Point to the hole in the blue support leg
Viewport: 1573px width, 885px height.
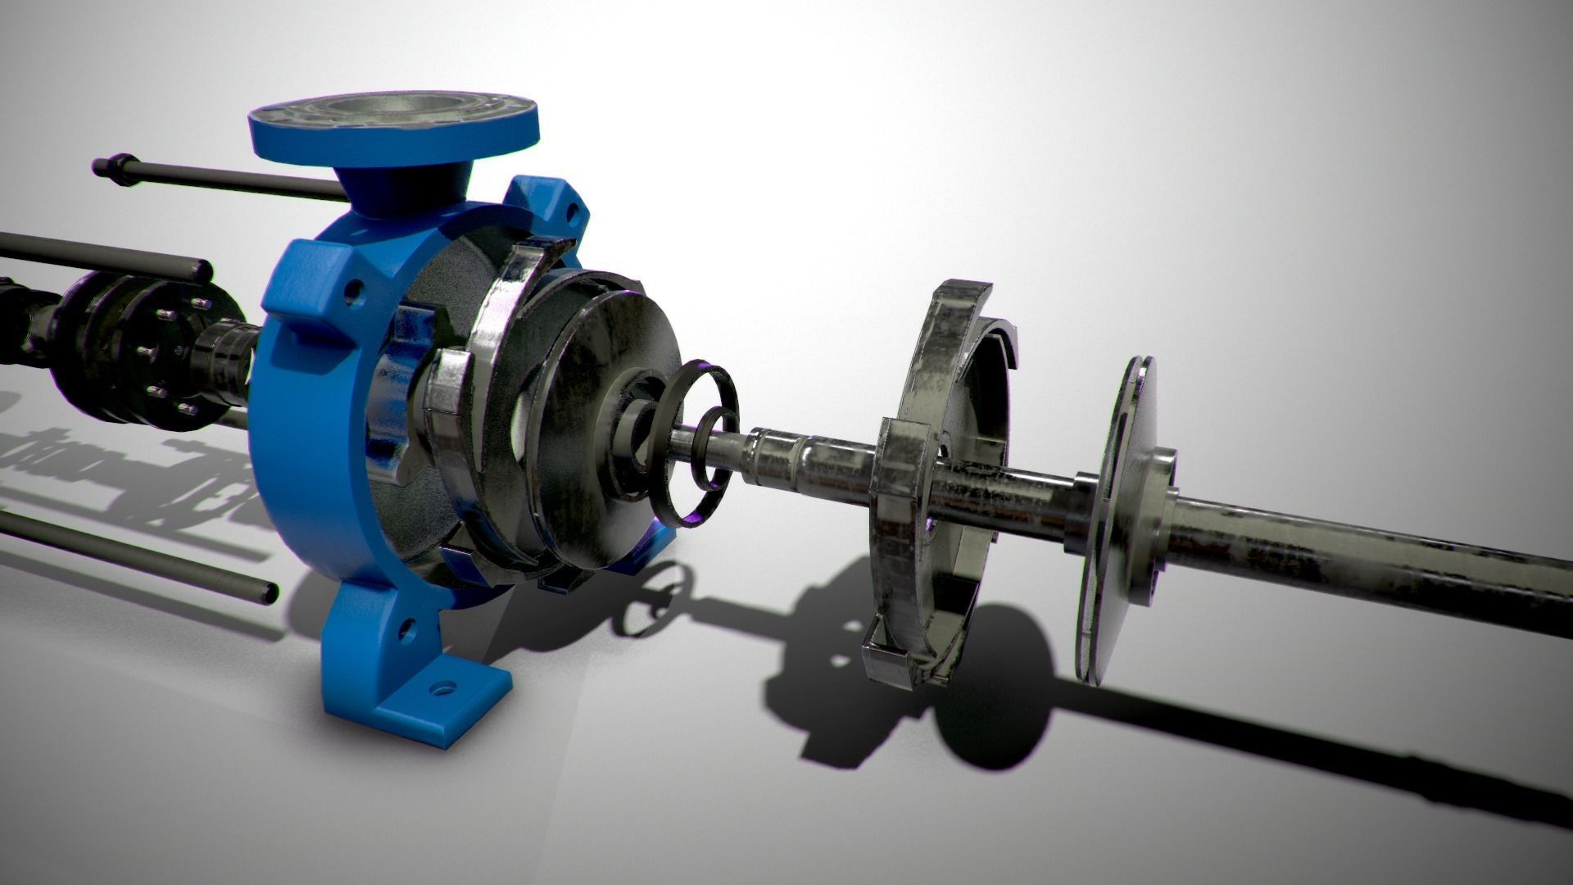click(x=404, y=629)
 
